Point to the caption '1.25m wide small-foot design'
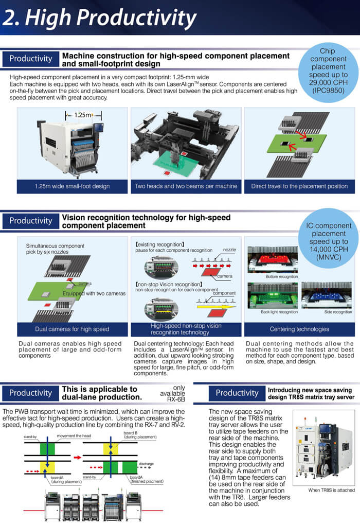[72, 186]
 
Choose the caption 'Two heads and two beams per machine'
[186, 186]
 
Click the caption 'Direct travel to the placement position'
[299, 186]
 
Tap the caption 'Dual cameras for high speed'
[72, 329]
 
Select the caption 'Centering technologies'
[299, 329]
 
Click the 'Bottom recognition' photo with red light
[274, 260]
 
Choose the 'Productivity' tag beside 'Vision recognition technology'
[31, 221]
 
